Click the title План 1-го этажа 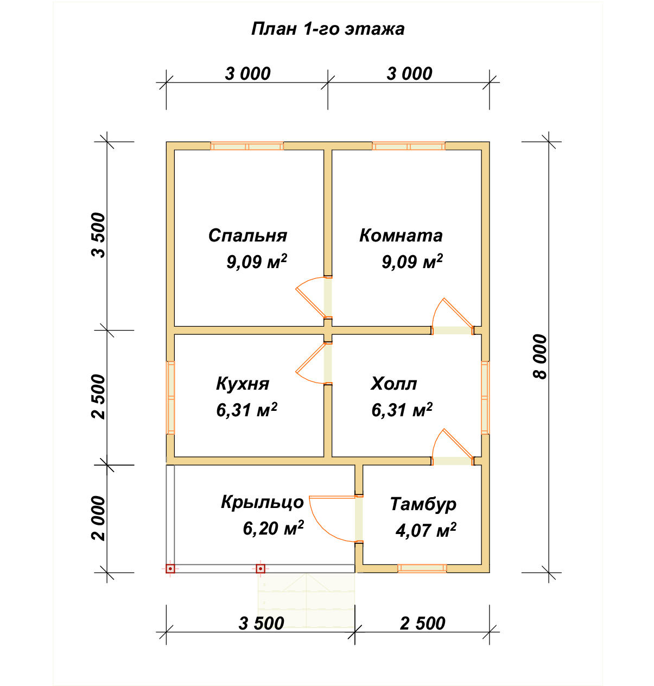(x=327, y=29)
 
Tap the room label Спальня (x=247, y=236)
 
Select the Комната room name (x=401, y=236)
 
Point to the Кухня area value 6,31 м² (x=246, y=410)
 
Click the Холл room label (x=393, y=384)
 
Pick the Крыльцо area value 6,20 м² (x=273, y=528)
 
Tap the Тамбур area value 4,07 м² (x=426, y=530)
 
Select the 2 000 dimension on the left (x=99, y=518)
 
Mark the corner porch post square (x=170, y=569)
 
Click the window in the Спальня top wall (x=247, y=146)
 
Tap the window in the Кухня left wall (x=170, y=398)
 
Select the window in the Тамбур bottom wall (x=422, y=569)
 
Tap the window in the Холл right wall (x=485, y=398)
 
